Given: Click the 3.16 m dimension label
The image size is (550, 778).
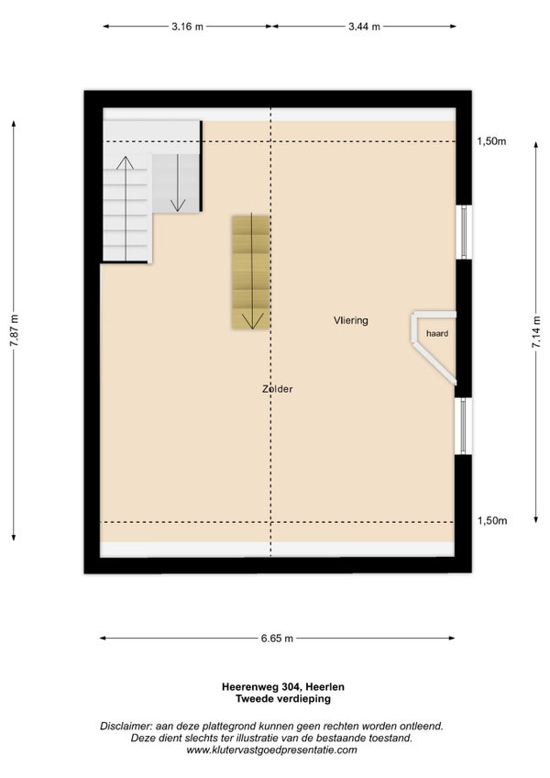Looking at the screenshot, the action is (187, 27).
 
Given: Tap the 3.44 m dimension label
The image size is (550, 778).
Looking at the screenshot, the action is (364, 27).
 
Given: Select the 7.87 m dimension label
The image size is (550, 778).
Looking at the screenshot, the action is (14, 330).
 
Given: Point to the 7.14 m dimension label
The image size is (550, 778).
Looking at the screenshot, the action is (536, 331).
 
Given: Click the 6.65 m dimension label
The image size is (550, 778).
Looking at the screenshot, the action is (277, 639).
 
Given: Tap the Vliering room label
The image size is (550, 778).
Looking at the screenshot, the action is (351, 320).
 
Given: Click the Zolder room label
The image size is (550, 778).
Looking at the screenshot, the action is (277, 389).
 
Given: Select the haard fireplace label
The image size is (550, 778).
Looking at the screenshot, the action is (437, 333).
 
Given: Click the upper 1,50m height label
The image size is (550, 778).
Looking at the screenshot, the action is (491, 141).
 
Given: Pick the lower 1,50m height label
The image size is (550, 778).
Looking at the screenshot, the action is (492, 520).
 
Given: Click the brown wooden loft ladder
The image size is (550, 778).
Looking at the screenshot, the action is (250, 272).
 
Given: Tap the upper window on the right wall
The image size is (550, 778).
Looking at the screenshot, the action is (464, 232).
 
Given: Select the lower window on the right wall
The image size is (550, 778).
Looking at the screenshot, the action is (464, 426).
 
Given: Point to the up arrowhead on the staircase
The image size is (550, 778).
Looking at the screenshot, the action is (125, 162).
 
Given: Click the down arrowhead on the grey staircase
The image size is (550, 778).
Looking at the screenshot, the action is (177, 206).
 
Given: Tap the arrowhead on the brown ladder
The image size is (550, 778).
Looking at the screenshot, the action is (252, 322).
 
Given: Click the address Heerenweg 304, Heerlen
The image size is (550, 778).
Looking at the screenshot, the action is (282, 687).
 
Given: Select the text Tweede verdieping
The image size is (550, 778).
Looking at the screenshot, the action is (282, 698).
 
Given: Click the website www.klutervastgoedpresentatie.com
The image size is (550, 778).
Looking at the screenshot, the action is (271, 750).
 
